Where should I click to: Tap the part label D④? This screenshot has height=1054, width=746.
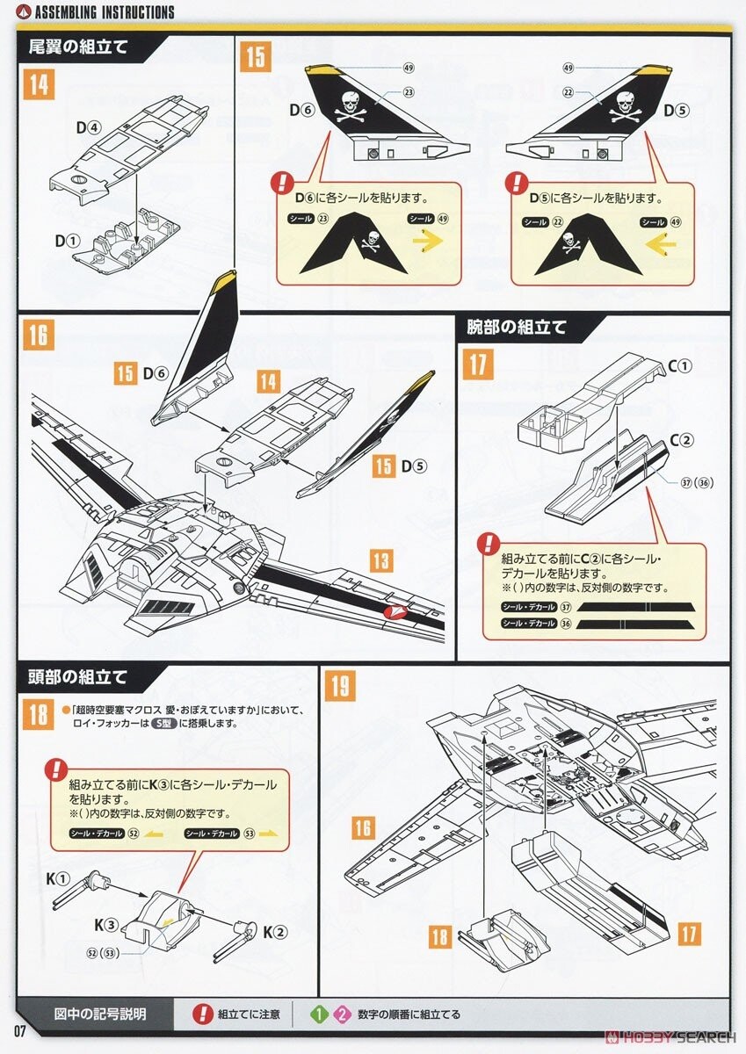pyautogui.click(x=87, y=127)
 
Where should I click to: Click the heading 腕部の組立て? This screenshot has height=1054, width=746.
pyautogui.click(x=517, y=328)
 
